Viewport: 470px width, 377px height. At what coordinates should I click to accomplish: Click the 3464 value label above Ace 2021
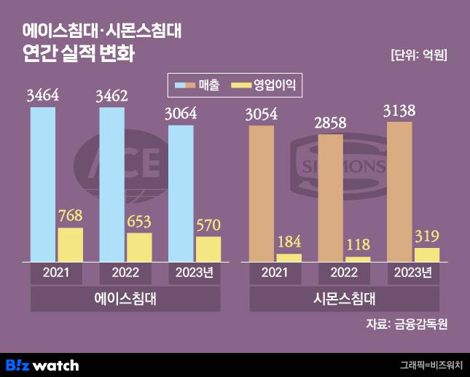click(42, 96)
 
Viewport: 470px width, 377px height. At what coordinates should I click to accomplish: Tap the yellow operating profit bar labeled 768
click(70, 244)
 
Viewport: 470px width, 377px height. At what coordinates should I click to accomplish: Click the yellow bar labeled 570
click(208, 249)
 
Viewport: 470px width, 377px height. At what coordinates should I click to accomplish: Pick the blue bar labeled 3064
click(181, 193)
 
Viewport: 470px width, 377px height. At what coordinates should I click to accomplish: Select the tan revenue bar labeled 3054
click(262, 193)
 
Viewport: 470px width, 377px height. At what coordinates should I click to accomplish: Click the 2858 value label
click(330, 122)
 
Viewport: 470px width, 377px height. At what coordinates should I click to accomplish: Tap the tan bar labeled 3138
click(399, 191)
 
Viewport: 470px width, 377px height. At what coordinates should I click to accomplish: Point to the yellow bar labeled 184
click(289, 257)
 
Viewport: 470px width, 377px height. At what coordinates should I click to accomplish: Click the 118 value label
click(358, 244)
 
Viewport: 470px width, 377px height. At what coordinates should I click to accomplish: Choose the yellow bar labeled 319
click(427, 254)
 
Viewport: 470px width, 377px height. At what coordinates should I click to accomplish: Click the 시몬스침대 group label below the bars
click(344, 299)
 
